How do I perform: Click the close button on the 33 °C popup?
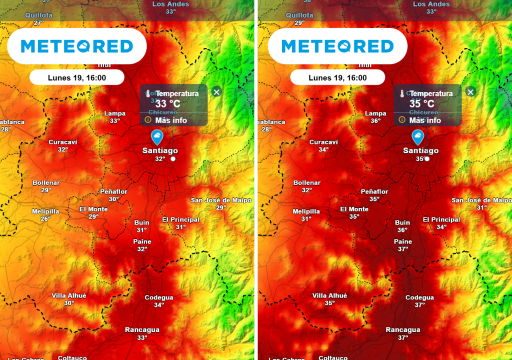pyautogui.click(x=216, y=91)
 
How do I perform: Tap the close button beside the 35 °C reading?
pyautogui.click(x=470, y=91)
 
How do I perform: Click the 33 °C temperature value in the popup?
pyautogui.click(x=168, y=104)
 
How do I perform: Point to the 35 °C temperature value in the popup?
pyautogui.click(x=422, y=104)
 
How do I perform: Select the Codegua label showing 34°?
pyautogui.click(x=159, y=301)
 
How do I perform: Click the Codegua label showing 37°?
pyautogui.click(x=419, y=301)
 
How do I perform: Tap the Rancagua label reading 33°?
pyautogui.click(x=142, y=333)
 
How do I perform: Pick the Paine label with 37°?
pyautogui.click(x=403, y=245)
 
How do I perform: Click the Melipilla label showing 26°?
pyautogui.click(x=45, y=215)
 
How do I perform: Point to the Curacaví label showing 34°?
pyautogui.click(x=323, y=145)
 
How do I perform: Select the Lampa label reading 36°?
pyautogui.click(x=375, y=117)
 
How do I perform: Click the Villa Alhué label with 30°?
pyautogui.click(x=69, y=299)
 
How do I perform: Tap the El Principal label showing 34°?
pyautogui.click(x=441, y=223)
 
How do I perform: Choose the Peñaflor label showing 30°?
pyautogui.click(x=114, y=195)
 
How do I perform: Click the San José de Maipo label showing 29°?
pyautogui.click(x=221, y=203)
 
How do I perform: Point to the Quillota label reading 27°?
pyautogui.click(x=39, y=19)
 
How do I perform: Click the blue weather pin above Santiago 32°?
pyautogui.click(x=157, y=136)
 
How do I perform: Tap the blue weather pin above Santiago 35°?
pyautogui.click(x=417, y=136)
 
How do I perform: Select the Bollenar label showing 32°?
pyautogui.click(x=306, y=186)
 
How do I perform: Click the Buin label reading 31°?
pyautogui.click(x=142, y=226)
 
